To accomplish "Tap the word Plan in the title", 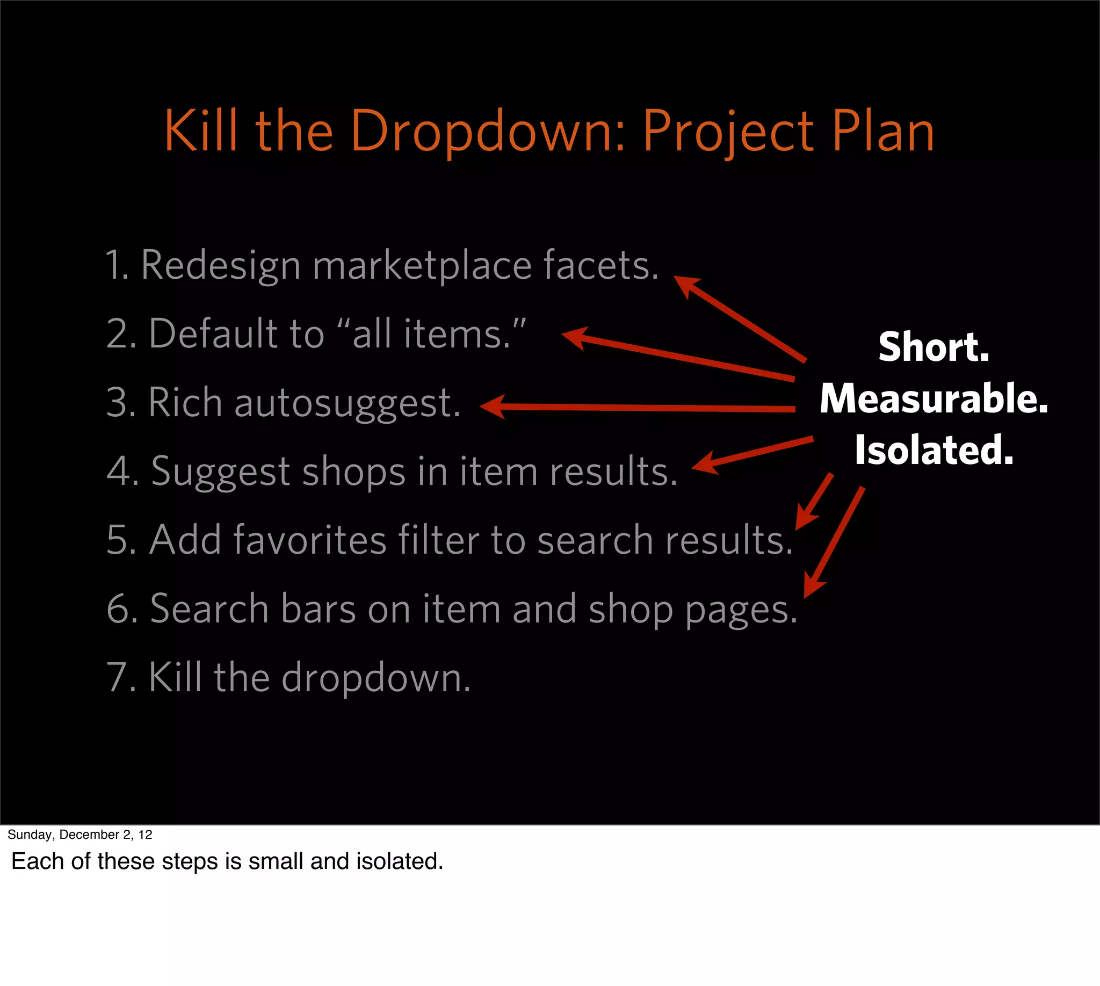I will pyautogui.click(x=883, y=132).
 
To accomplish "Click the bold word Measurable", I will pyautogui.click(x=933, y=398).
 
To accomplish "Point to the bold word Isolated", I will pyautogui.click(x=933, y=450).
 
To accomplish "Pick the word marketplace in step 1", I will pyautogui.click(x=422, y=265).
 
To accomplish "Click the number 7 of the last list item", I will pyautogui.click(x=117, y=677).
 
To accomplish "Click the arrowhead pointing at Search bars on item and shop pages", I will pyautogui.click(x=812, y=588).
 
